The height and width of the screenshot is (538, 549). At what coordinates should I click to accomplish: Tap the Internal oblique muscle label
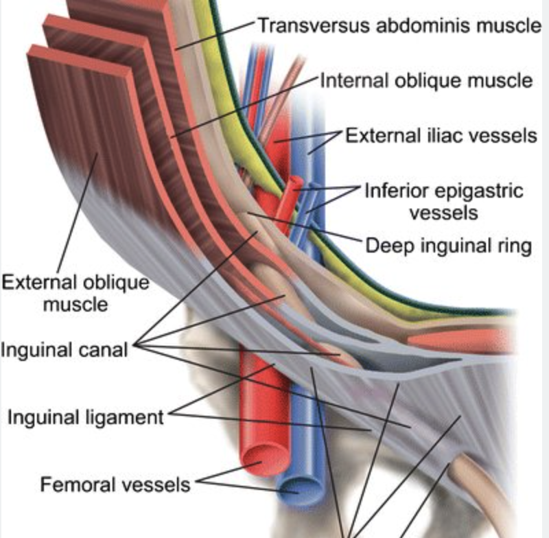(426, 80)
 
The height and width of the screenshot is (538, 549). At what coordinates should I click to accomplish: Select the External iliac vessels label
(441, 134)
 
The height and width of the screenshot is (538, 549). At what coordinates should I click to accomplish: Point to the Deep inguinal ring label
(448, 245)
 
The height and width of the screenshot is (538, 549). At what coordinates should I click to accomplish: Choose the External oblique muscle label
(75, 292)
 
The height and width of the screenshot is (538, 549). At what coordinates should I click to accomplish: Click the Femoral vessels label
(115, 485)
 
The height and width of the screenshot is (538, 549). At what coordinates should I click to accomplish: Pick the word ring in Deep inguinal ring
(517, 245)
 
